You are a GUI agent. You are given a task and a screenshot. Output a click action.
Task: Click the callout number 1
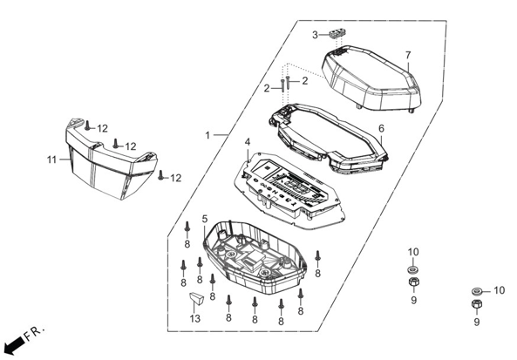207,135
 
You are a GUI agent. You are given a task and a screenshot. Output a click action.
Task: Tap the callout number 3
316,35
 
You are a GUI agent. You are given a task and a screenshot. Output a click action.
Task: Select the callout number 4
248,142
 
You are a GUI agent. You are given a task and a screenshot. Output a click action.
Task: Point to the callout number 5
205,219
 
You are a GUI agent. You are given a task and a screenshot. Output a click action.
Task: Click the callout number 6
382,129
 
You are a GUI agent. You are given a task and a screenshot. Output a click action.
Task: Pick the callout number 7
408,55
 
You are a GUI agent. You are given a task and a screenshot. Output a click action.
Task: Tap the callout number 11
51,160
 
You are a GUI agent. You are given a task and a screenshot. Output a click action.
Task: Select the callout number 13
195,319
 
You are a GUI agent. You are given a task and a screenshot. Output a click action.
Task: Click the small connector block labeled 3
337,34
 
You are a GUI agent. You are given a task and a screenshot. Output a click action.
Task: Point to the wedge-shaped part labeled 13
196,298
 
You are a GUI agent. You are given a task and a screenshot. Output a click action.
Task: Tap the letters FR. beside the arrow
34,333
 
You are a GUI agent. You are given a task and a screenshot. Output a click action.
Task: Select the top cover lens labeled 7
372,78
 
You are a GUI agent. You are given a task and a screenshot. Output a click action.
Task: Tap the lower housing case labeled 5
255,258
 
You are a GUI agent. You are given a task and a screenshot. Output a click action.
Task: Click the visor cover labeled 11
111,159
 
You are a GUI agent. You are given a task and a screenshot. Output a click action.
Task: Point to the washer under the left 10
412,270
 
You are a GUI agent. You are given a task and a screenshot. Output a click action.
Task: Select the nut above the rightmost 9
476,305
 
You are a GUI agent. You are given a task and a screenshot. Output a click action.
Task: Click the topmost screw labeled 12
87,126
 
